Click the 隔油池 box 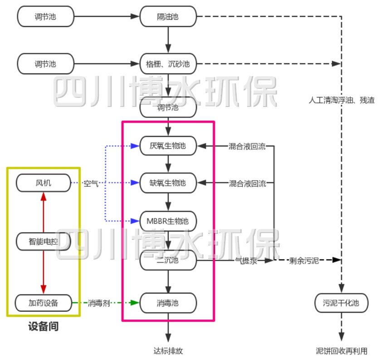168,17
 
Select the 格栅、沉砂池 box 168,64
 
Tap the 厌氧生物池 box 168,146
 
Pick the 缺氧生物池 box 168,183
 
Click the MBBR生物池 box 168,221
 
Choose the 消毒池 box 168,302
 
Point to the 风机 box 44,183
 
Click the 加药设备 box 44,303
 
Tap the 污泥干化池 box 341,303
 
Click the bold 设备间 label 43,326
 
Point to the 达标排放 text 168,350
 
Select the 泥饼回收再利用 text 342,350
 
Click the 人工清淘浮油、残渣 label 342,100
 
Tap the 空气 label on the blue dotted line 91,184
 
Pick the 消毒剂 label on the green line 99,303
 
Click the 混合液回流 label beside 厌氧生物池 247,146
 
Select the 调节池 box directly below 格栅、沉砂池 168,108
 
